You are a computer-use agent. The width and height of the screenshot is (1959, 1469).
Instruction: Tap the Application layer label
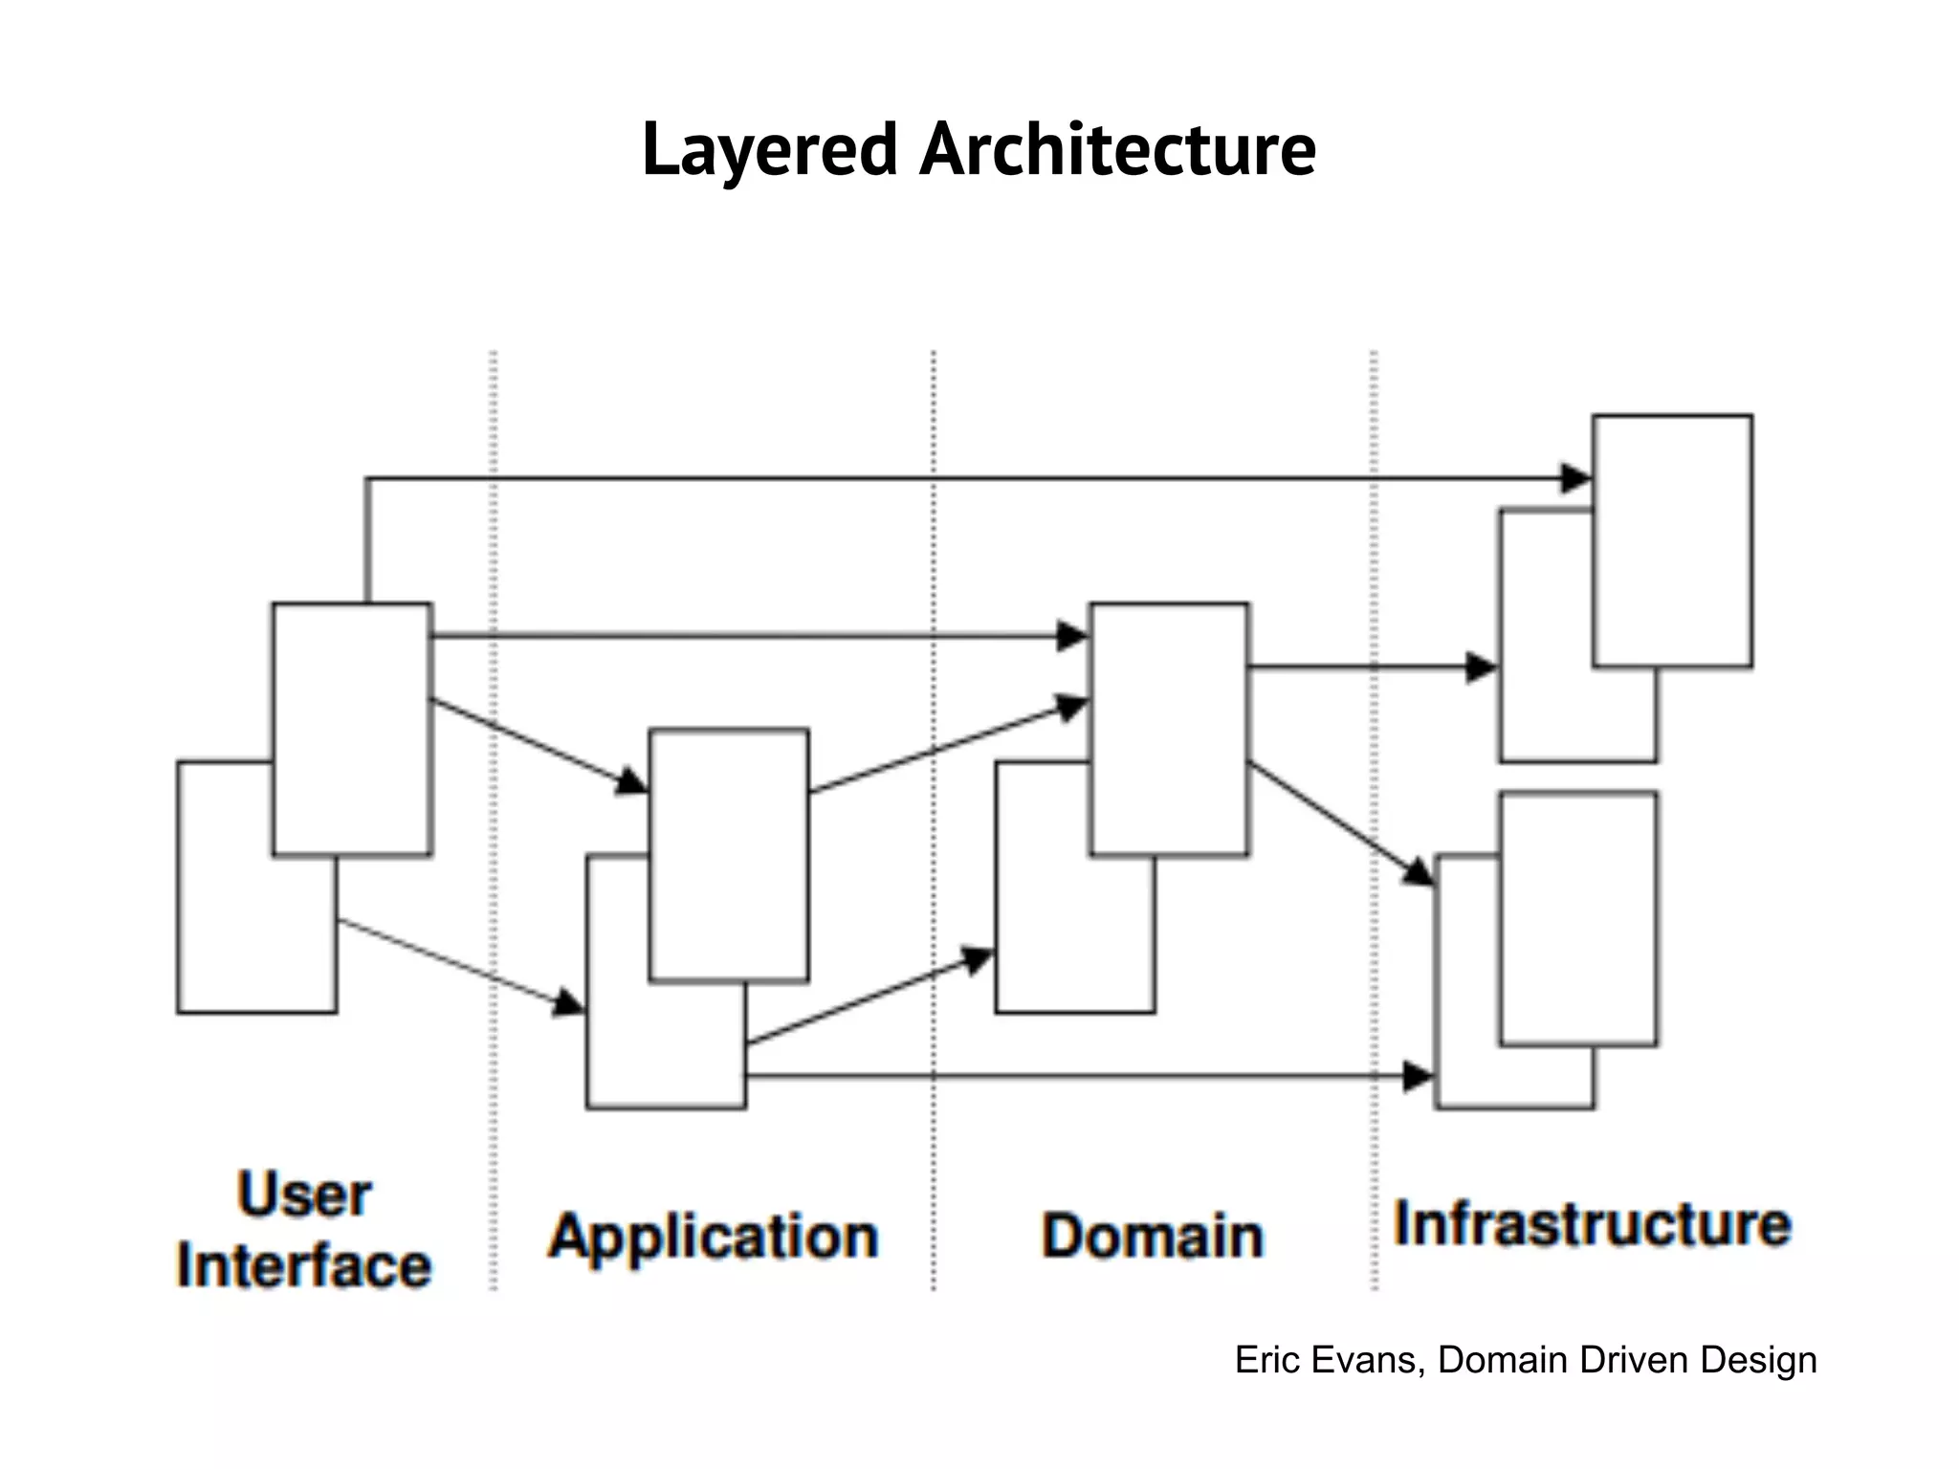(x=714, y=1236)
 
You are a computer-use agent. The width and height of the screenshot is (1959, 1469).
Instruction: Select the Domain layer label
(x=1153, y=1236)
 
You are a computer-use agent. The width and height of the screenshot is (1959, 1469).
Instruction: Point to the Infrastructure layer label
(x=1592, y=1224)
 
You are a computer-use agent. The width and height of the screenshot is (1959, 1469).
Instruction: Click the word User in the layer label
(x=304, y=1195)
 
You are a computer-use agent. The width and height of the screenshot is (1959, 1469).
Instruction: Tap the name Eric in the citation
(x=1265, y=1360)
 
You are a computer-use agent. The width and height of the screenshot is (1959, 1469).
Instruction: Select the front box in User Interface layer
(x=352, y=729)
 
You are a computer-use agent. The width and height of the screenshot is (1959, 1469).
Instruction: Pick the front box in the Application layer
(x=729, y=856)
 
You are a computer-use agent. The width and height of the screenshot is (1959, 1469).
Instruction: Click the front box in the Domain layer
(x=1169, y=729)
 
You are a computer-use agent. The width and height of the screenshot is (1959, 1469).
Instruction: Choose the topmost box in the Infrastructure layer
(x=1672, y=540)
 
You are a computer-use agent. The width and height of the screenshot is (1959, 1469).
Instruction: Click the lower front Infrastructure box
(x=1578, y=918)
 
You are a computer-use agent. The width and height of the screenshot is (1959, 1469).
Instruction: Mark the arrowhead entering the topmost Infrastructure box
(x=1576, y=478)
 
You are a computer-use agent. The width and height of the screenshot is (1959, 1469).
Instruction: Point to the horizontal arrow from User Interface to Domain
(x=746, y=635)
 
